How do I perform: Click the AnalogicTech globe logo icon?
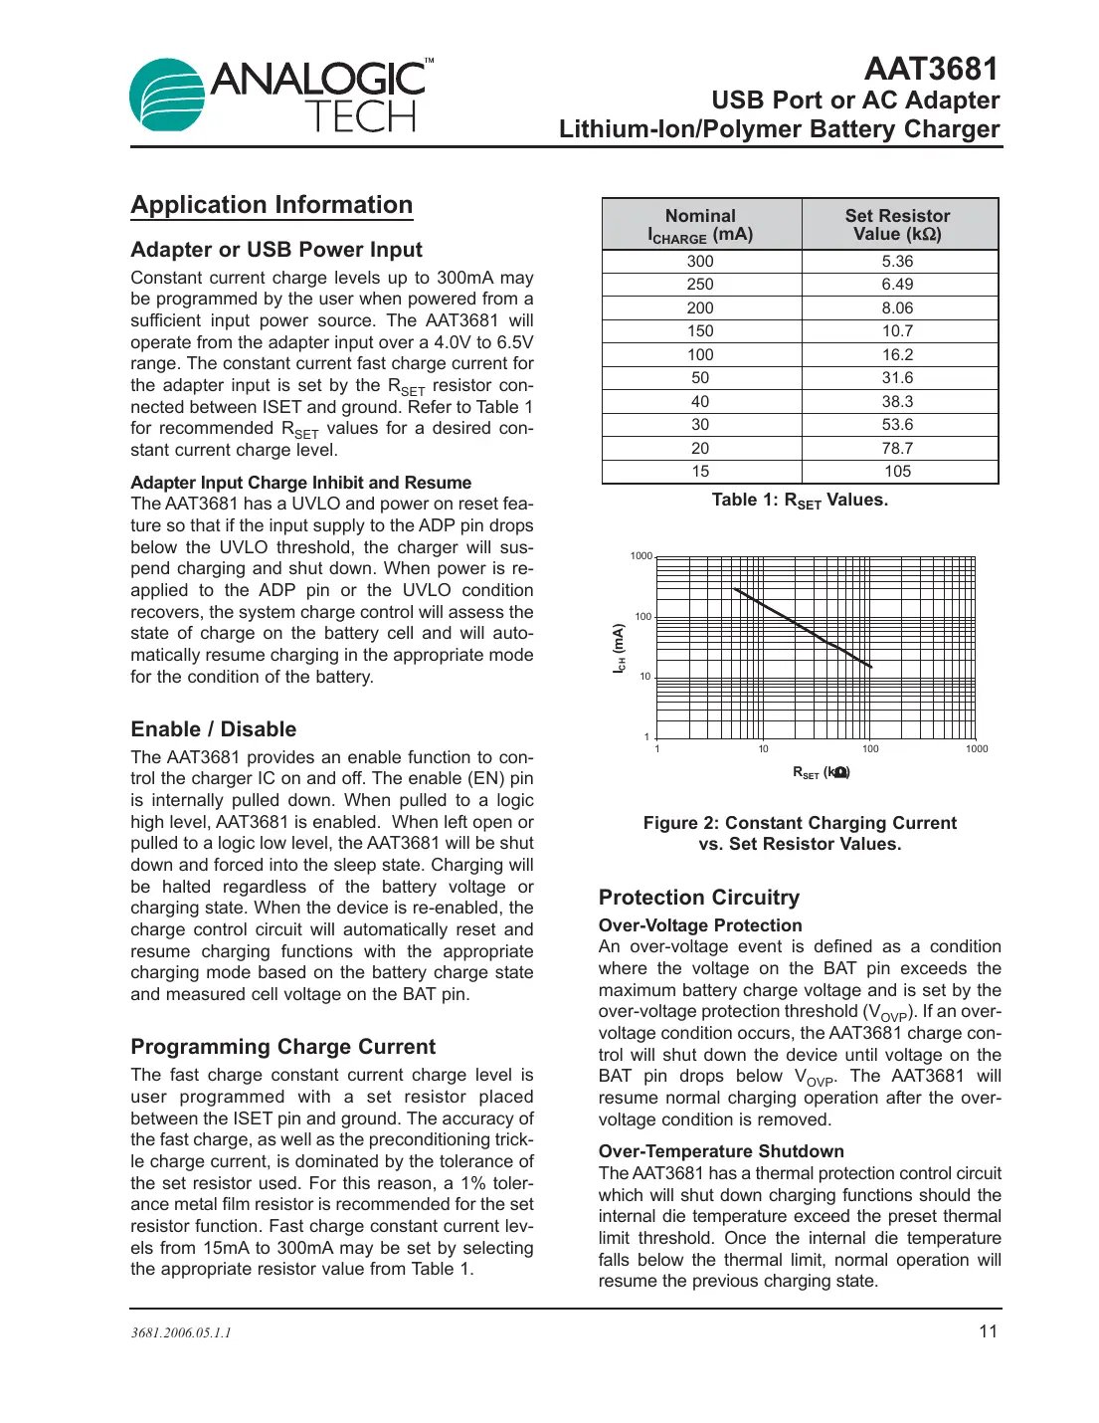[166, 95]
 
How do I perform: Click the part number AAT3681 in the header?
[930, 69]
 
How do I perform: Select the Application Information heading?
[272, 205]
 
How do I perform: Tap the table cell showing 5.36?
[897, 261]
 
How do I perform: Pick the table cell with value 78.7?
[897, 448]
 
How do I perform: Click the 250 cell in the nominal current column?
[700, 285]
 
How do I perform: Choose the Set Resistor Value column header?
[897, 225]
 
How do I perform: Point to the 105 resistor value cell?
[897, 472]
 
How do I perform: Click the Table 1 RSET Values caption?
[800, 501]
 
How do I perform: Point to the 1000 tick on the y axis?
[641, 556]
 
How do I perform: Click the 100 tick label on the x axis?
[870, 749]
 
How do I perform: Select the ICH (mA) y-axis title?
[619, 649]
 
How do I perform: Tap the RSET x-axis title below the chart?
[821, 772]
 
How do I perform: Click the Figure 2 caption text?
[800, 834]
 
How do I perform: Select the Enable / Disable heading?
[214, 729]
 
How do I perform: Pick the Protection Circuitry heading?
[699, 898]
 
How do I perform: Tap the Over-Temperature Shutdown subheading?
[721, 1151]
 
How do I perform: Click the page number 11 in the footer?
[988, 1331]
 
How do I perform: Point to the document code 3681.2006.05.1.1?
[181, 1333]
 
